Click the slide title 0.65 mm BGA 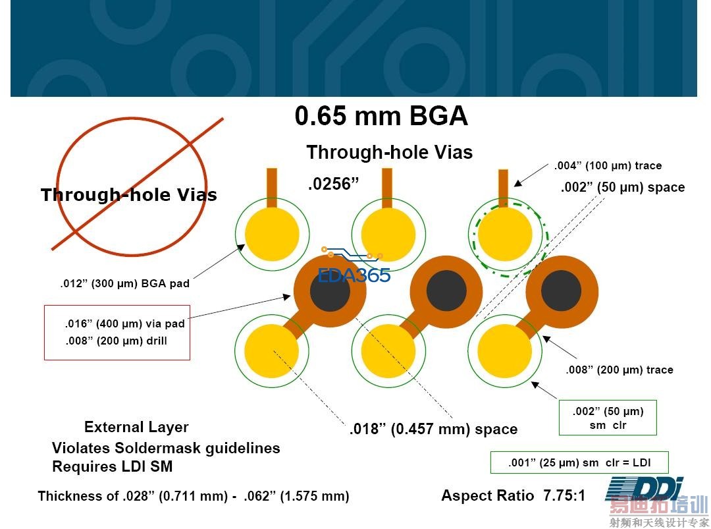tap(381, 117)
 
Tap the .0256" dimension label tap(334, 184)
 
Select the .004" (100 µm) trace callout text tap(608, 166)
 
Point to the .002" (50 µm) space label tap(622, 188)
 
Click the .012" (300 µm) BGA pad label tap(124, 284)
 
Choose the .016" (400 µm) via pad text tap(124, 323)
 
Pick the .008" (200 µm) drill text tap(116, 341)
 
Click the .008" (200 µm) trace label tap(619, 370)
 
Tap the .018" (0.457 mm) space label tap(433, 430)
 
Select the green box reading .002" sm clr tap(607, 418)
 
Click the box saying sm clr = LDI tap(579, 462)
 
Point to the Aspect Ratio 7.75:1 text tap(513, 495)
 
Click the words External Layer tap(136, 427)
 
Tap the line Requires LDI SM tap(112, 467)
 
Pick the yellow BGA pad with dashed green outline tap(504, 235)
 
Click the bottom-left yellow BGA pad tap(271, 351)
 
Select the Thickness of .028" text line tap(193, 496)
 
